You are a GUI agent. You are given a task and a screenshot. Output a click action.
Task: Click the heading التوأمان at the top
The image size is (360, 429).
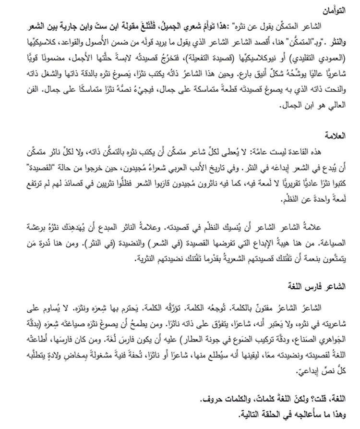pos(341,8)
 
